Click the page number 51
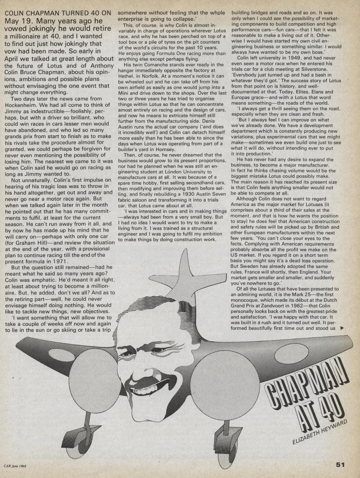340,464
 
